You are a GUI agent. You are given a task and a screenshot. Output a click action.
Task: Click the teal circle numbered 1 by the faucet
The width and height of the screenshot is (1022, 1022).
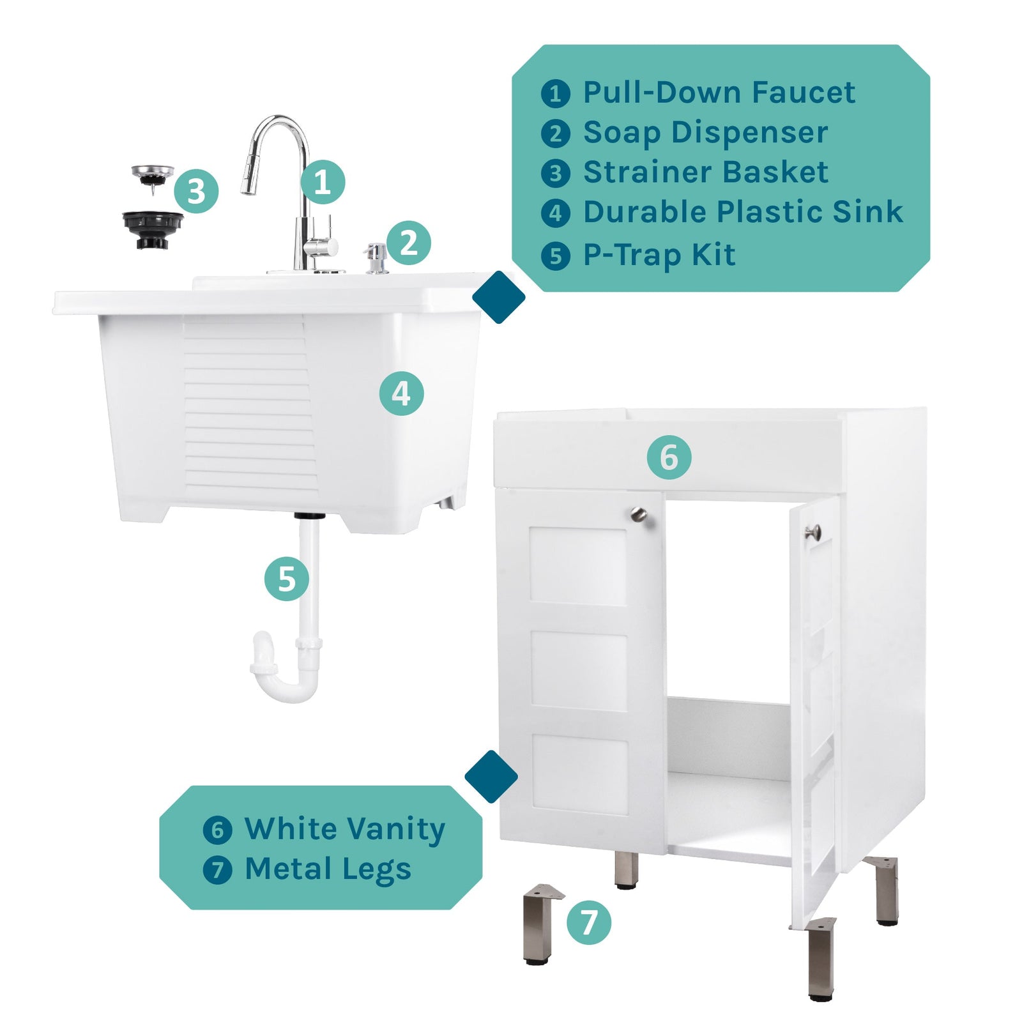point(323,182)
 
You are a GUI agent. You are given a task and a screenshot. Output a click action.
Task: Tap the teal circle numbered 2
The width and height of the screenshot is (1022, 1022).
point(409,243)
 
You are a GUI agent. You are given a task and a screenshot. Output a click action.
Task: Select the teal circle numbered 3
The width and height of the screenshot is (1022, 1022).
point(196,191)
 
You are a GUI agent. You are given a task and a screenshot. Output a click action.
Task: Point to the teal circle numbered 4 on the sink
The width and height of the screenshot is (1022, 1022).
point(401,393)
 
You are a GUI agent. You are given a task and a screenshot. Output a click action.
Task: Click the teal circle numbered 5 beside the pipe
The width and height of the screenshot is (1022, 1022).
point(287,579)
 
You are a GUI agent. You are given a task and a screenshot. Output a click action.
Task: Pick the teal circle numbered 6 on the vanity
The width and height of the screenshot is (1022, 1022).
point(669,457)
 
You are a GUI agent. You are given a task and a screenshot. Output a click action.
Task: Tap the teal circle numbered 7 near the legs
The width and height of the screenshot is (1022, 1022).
point(588,922)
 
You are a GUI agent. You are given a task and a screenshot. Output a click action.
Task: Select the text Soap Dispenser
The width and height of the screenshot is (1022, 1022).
point(705,133)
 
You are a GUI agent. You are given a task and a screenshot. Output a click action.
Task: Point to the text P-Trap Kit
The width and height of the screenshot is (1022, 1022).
point(659,255)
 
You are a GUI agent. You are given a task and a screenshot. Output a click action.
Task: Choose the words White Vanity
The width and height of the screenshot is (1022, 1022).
point(344,829)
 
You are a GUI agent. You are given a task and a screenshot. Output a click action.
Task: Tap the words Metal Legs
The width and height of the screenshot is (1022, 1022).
point(328,869)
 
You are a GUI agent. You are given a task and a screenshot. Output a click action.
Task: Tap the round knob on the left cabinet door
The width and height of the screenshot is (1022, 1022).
point(638,514)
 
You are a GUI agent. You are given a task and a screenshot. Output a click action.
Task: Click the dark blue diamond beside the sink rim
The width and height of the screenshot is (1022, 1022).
point(499,297)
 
